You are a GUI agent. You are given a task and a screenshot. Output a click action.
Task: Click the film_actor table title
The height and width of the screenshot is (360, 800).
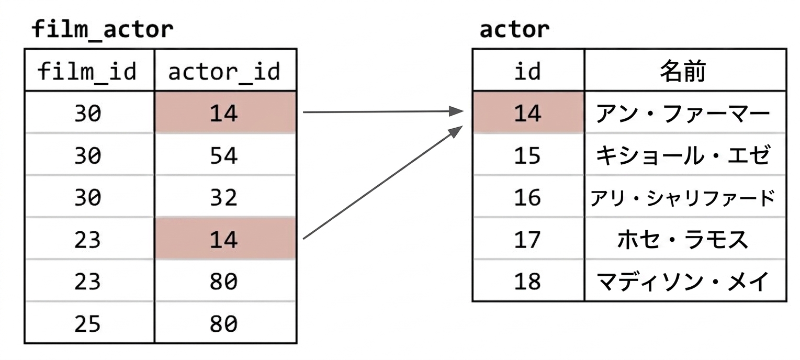pos(103,29)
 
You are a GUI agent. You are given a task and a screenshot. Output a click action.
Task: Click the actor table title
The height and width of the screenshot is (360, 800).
pos(514,29)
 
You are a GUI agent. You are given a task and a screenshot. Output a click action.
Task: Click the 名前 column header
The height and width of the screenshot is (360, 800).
pos(683,72)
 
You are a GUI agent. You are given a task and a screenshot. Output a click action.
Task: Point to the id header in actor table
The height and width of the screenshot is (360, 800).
pos(527,72)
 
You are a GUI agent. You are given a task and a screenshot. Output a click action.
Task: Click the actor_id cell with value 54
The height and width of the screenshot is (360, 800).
pos(224,155)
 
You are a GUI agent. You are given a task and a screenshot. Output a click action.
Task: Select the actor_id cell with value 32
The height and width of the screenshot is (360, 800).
pos(224,197)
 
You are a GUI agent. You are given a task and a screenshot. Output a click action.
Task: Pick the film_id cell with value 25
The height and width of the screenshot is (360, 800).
pos(87,323)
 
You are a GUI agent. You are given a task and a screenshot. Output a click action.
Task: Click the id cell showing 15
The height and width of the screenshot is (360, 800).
pos(527,155)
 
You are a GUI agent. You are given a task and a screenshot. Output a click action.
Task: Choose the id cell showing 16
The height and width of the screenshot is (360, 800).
pos(527,197)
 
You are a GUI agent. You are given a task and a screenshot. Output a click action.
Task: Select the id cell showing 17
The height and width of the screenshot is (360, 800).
pos(527,239)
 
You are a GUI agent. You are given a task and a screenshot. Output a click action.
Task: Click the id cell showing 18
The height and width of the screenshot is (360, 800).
pos(527,282)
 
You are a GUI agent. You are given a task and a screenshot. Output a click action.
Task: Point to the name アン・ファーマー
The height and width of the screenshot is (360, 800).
pos(683,114)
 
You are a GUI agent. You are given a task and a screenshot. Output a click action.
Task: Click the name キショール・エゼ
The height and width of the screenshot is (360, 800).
pos(683,155)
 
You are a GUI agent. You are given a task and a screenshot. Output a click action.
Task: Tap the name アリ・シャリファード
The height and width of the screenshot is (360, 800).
pos(683,198)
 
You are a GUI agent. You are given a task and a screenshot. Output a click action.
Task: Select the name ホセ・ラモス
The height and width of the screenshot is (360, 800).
pos(683,239)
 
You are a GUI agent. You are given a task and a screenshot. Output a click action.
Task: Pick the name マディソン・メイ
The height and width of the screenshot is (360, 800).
pos(683,282)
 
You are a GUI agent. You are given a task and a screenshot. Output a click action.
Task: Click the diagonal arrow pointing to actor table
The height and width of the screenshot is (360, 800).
pos(383,182)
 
